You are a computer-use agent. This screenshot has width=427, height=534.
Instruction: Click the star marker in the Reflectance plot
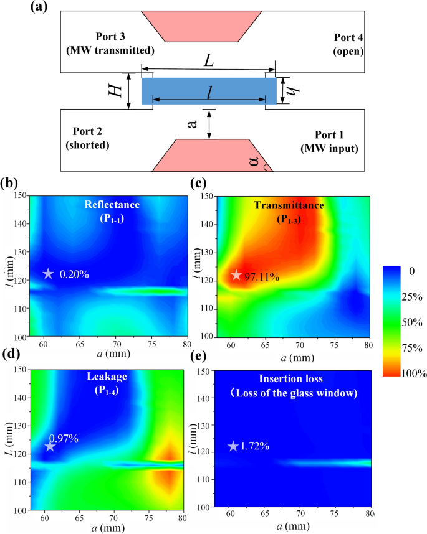click(48, 273)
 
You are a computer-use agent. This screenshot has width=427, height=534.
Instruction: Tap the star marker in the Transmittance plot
click(236, 274)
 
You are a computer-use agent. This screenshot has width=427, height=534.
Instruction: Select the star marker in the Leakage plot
click(50, 446)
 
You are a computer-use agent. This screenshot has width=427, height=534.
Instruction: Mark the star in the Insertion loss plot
click(233, 446)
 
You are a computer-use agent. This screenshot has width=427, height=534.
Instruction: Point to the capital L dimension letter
click(209, 61)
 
